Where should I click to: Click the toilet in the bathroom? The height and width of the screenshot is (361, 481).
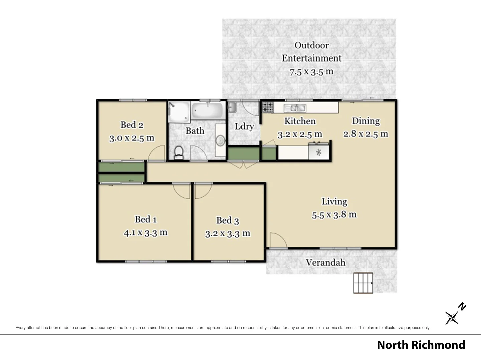[179, 152]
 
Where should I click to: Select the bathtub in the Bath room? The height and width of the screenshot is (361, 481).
[208, 110]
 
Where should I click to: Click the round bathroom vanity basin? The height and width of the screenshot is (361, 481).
[220, 141]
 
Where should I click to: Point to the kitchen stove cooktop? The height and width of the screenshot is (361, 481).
[267, 107]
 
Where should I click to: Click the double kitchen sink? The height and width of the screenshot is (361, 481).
[295, 108]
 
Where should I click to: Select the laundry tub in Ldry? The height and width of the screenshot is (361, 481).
[232, 107]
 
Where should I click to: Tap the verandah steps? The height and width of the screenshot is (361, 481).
[363, 283]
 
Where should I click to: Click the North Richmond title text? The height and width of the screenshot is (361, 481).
[421, 345]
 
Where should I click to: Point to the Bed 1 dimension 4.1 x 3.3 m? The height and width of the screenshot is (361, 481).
[145, 233]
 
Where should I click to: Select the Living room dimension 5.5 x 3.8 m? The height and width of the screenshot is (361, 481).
[334, 215]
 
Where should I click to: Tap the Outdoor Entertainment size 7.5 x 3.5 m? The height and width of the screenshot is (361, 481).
[311, 72]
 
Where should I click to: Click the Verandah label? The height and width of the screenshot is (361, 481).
[325, 263]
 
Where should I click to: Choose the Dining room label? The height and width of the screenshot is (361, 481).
[366, 121]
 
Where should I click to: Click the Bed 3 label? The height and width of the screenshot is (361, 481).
[227, 220]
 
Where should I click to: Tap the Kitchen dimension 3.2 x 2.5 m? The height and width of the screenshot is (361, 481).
[300, 134]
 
